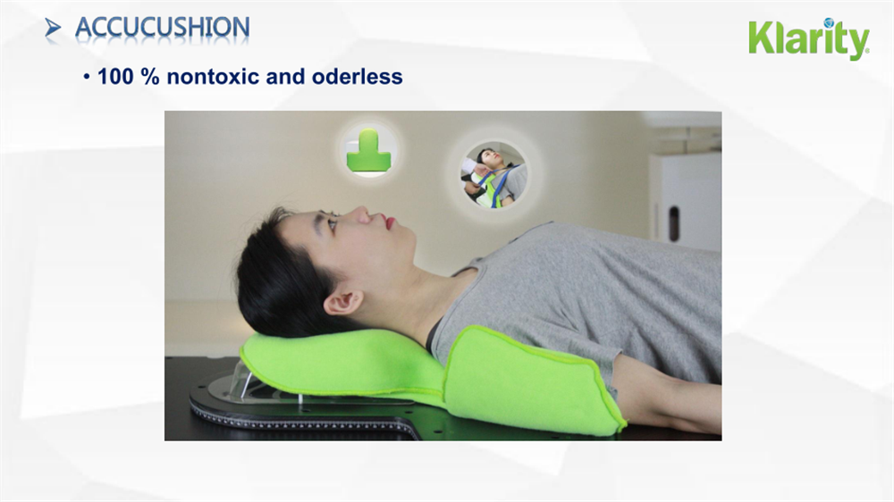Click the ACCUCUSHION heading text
click(162, 28)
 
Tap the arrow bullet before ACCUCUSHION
click(54, 29)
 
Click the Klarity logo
click(808, 39)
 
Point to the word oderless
click(358, 77)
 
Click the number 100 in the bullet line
click(114, 77)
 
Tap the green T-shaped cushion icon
click(368, 149)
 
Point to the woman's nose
click(358, 215)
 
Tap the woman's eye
click(333, 224)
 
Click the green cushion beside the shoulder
click(527, 380)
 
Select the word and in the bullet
click(285, 77)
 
